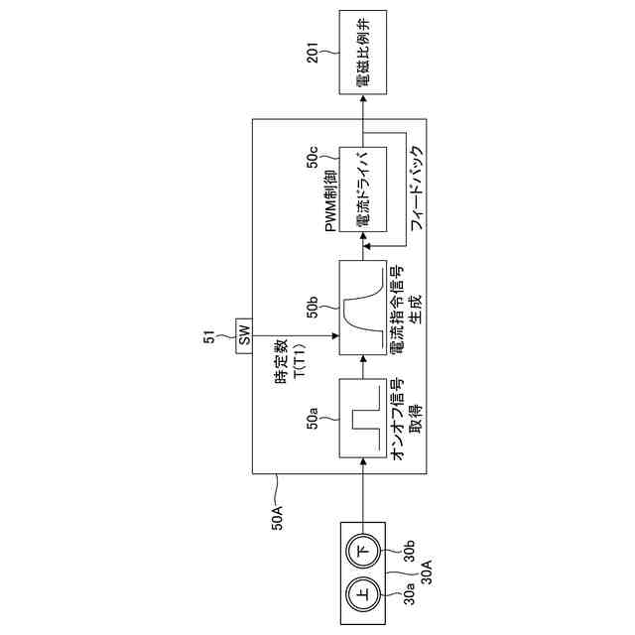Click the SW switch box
pyautogui.click(x=244, y=335)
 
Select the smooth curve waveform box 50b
pyautogui.click(x=362, y=307)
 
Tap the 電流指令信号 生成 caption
pyautogui.click(x=404, y=307)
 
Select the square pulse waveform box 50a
pyautogui.click(x=362, y=417)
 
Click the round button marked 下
pyautogui.click(x=362, y=550)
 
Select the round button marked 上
pyautogui.click(x=362, y=595)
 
